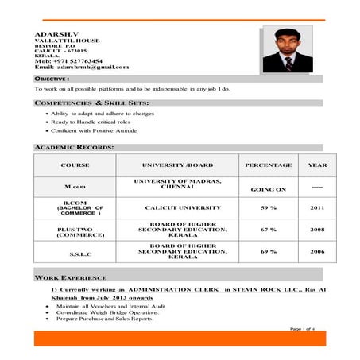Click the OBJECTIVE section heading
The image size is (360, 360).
[52, 79]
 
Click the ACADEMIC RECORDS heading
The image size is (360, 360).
[74, 147]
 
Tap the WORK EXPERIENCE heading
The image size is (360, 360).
[72, 277]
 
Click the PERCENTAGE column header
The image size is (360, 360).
[268, 165]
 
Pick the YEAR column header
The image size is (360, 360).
[317, 165]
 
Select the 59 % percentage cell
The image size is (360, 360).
[268, 207]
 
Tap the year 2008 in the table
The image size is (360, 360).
[317, 229]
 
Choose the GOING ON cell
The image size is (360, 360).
[268, 190]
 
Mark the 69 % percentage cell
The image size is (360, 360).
[268, 251]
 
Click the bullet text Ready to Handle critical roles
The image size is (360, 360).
[90, 122]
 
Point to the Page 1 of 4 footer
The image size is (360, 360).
[303, 328]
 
